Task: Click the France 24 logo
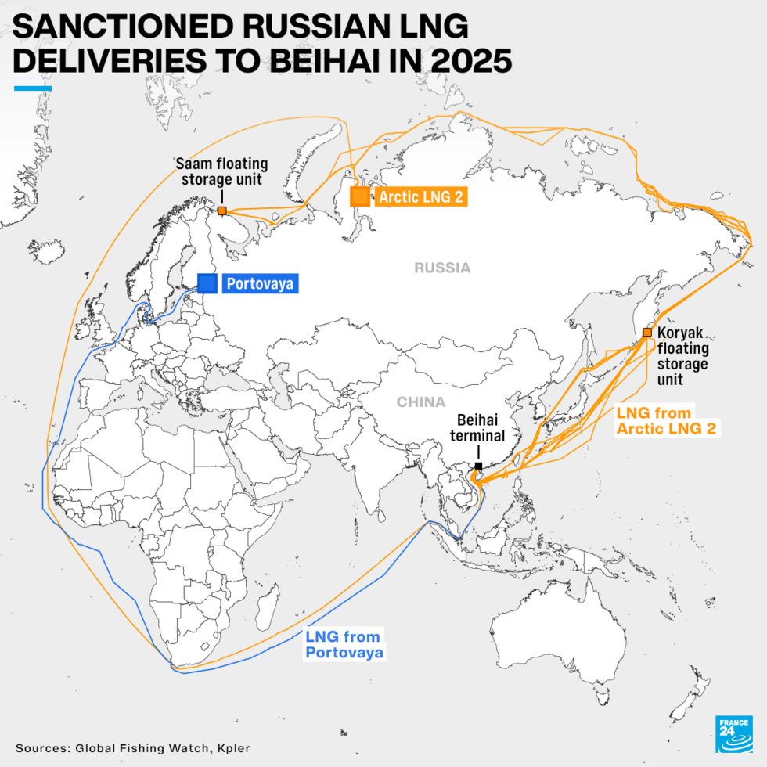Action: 733,734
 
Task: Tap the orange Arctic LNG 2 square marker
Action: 360,196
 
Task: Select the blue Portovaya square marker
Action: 207,283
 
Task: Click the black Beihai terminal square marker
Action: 478,466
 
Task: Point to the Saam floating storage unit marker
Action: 222,211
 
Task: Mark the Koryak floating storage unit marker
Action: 647,333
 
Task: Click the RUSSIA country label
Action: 442,268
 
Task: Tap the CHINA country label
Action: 420,402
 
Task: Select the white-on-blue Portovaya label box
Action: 259,283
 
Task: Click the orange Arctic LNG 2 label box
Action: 420,196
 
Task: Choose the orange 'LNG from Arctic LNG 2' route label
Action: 666,420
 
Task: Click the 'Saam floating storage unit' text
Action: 221,171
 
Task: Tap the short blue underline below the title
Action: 33,88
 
